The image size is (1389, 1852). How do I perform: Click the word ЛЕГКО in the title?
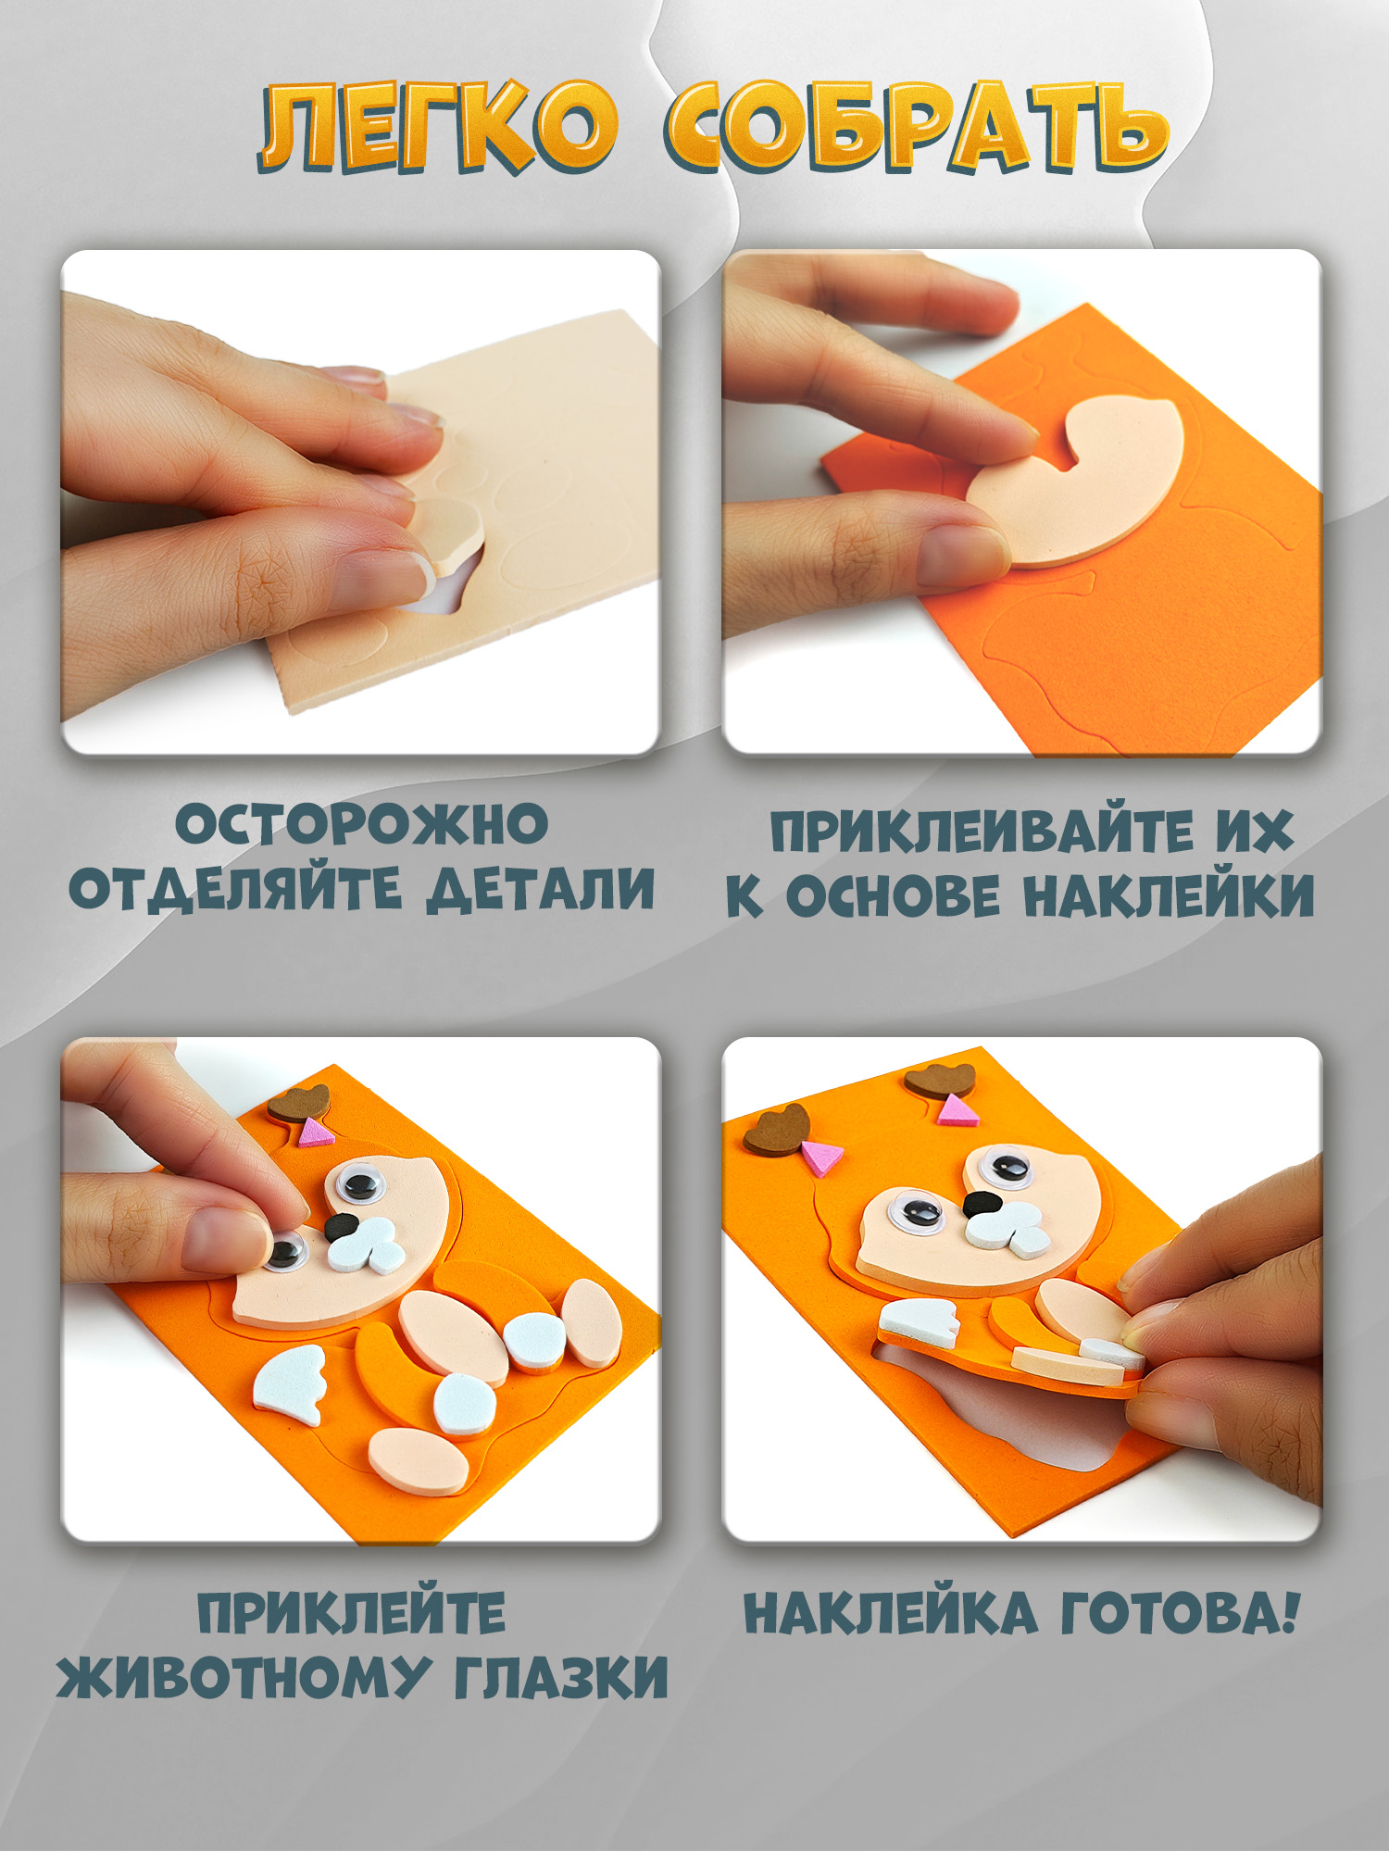[x=437, y=128]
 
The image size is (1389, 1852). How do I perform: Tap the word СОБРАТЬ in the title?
[x=917, y=128]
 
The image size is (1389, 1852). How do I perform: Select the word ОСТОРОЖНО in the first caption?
[x=362, y=824]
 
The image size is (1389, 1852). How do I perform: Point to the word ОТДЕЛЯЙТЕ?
[x=236, y=889]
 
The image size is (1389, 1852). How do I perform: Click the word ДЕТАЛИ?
[x=540, y=889]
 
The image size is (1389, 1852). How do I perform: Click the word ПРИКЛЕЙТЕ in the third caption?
[x=352, y=1614]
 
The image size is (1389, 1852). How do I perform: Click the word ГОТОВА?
[x=1179, y=1614]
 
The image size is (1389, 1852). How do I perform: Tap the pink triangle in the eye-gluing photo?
[x=315, y=1132]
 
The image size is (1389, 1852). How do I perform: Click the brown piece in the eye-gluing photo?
[x=299, y=1103]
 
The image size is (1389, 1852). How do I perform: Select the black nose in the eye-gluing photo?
[x=341, y=1226]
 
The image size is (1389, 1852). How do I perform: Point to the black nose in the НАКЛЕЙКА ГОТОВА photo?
[x=981, y=1204]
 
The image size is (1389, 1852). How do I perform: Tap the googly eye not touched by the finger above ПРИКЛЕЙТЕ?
[x=360, y=1181]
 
